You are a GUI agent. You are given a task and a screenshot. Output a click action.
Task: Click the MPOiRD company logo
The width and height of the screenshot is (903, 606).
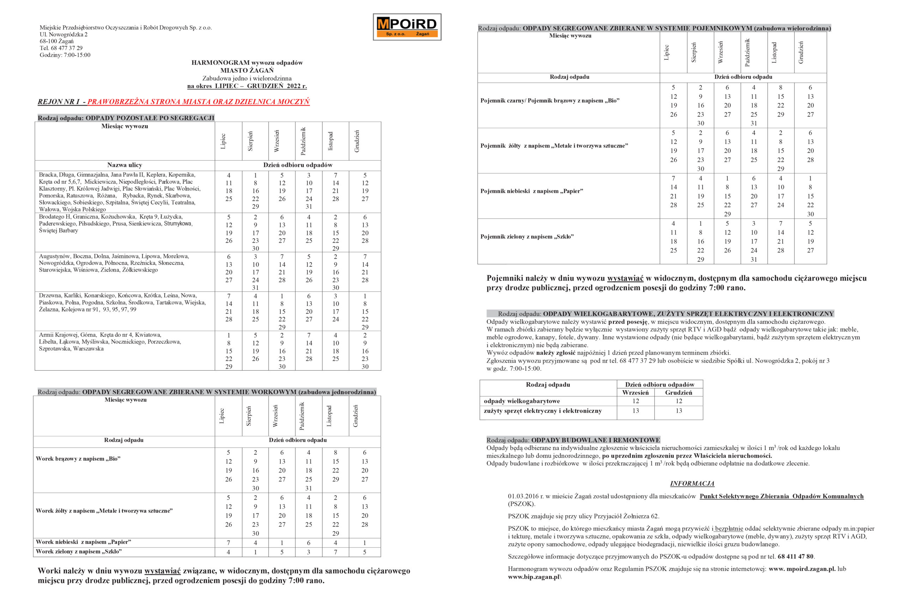[406, 27]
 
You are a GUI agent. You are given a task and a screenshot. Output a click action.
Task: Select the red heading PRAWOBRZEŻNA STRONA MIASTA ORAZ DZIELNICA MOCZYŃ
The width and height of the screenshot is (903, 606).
[198, 102]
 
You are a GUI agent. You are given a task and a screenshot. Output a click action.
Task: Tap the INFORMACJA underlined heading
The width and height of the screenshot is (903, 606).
[692, 484]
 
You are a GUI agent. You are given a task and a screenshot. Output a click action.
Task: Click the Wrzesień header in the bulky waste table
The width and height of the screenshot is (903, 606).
[635, 393]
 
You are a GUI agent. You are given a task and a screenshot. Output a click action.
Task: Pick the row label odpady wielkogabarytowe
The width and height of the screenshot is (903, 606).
[522, 401]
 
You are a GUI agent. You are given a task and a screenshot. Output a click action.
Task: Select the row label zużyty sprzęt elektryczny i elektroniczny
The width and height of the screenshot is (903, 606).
[543, 411]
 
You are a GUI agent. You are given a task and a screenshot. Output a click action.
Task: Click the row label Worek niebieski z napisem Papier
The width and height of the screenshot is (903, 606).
[84, 542]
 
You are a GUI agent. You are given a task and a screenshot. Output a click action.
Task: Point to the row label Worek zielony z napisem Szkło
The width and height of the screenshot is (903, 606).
[79, 552]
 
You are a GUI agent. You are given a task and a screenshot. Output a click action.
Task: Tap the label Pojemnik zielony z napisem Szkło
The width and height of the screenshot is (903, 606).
[527, 237]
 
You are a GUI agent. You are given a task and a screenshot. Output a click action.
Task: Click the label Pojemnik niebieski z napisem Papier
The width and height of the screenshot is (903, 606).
[532, 191]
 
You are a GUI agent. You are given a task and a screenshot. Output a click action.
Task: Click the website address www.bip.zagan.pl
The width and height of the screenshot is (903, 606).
[534, 577]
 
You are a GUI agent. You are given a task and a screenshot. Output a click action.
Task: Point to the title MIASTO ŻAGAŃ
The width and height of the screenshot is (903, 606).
[247, 70]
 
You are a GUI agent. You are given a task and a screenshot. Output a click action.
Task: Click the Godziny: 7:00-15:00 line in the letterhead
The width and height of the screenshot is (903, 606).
[65, 55]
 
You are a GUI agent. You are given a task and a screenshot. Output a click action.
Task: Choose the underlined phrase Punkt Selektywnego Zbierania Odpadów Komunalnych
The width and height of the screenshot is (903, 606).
[781, 496]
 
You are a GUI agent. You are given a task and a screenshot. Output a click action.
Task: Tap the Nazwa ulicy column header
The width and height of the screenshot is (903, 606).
[125, 165]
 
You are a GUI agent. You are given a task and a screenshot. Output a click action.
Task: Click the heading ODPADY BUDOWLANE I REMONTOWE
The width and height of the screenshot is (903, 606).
[595, 440]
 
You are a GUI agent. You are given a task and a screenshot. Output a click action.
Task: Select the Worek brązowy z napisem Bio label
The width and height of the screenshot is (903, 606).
[78, 459]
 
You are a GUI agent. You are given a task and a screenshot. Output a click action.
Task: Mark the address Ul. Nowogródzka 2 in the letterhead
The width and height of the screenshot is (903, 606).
[63, 35]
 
